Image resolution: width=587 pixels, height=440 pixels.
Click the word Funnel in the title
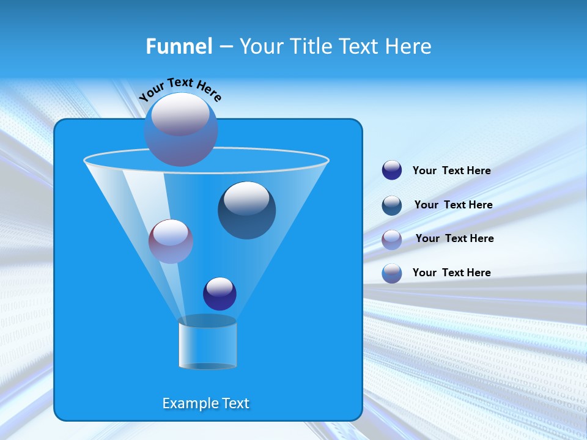pyautogui.click(x=179, y=46)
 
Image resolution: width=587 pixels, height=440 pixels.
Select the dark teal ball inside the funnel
pyautogui.click(x=246, y=211)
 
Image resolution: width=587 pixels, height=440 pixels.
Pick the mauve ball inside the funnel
pyautogui.click(x=171, y=241)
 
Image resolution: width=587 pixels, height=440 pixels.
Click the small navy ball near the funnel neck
pyautogui.click(x=220, y=294)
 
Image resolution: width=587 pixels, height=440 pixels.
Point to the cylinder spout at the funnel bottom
pyautogui.click(x=207, y=343)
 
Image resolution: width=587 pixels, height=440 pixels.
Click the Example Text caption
pyautogui.click(x=205, y=403)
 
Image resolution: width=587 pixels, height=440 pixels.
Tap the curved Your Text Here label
pyautogui.click(x=180, y=89)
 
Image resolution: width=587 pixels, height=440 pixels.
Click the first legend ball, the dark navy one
pyautogui.click(x=392, y=170)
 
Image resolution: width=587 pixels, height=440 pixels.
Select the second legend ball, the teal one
pyautogui.click(x=392, y=205)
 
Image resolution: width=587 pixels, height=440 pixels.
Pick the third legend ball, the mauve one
pyautogui.click(x=392, y=239)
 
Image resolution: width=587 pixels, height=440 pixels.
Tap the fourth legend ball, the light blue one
pyautogui.click(x=392, y=273)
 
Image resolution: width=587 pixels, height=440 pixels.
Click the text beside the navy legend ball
pyautogui.click(x=451, y=171)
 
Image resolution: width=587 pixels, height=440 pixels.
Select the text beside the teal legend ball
pyautogui.click(x=453, y=205)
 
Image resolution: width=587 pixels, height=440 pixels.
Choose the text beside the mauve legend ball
pyautogui.click(x=454, y=239)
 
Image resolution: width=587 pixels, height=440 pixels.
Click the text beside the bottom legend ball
pyautogui.click(x=451, y=273)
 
